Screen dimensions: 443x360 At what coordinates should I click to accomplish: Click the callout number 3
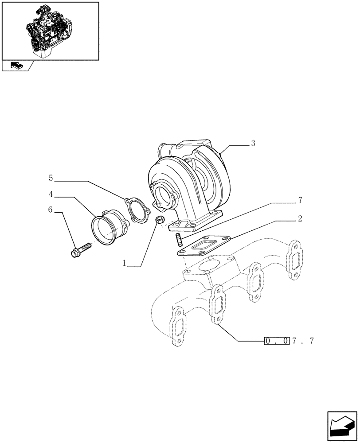(x=253, y=143)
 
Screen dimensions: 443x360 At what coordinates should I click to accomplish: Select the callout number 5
(x=51, y=179)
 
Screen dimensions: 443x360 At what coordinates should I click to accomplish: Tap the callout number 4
(x=51, y=194)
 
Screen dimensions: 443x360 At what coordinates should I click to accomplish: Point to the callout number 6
(x=51, y=210)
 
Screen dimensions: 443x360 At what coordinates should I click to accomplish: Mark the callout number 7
(x=300, y=201)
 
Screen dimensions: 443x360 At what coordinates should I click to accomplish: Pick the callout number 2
(x=300, y=218)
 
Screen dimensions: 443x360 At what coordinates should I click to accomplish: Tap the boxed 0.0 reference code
(x=277, y=341)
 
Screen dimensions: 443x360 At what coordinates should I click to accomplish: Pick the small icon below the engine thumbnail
(x=16, y=66)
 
